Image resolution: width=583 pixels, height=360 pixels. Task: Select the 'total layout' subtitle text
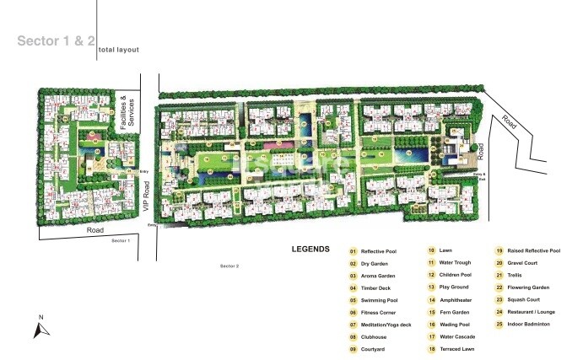tap(118, 51)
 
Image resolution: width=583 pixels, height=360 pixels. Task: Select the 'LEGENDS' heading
tap(310, 250)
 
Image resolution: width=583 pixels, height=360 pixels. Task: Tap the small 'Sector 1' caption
tap(121, 241)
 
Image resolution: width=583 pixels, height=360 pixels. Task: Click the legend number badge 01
tap(354, 251)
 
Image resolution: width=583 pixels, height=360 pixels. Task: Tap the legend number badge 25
tap(499, 324)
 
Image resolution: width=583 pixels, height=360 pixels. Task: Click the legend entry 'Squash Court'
tap(527, 299)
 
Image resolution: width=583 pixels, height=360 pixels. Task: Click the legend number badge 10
tap(430, 250)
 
